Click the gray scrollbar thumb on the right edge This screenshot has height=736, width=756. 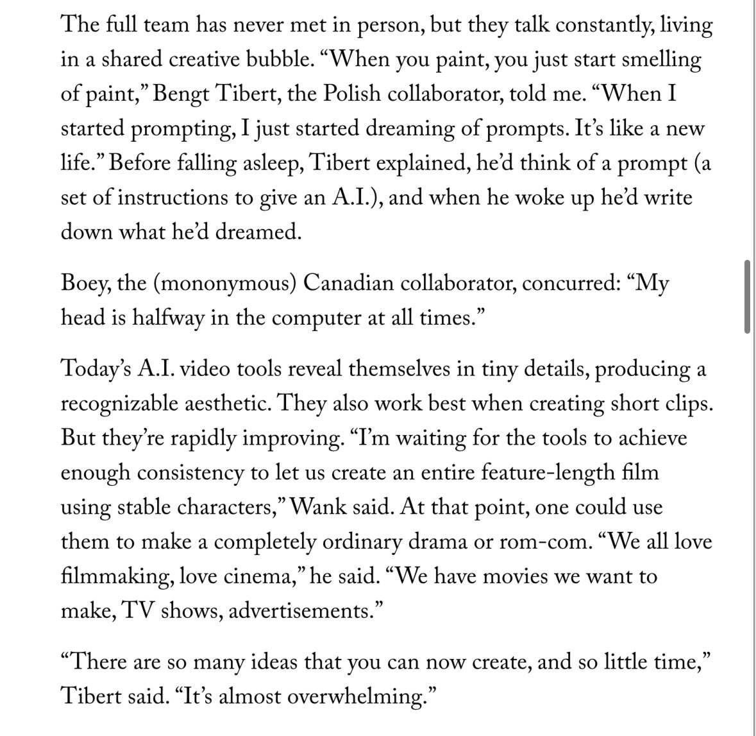[x=746, y=297]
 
